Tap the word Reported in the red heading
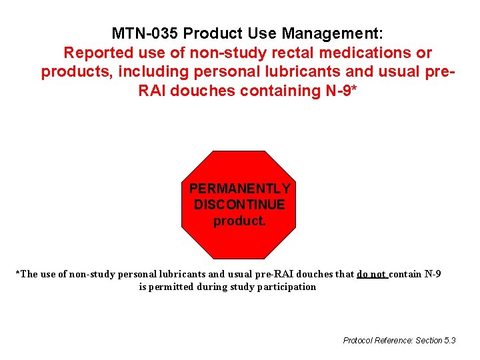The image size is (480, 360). click(99, 53)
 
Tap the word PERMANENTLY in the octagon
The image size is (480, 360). click(239, 189)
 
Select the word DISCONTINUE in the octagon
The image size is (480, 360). click(239, 205)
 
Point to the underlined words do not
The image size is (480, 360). click(372, 274)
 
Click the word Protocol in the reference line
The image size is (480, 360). click(358, 341)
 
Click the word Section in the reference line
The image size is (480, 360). click(428, 341)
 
